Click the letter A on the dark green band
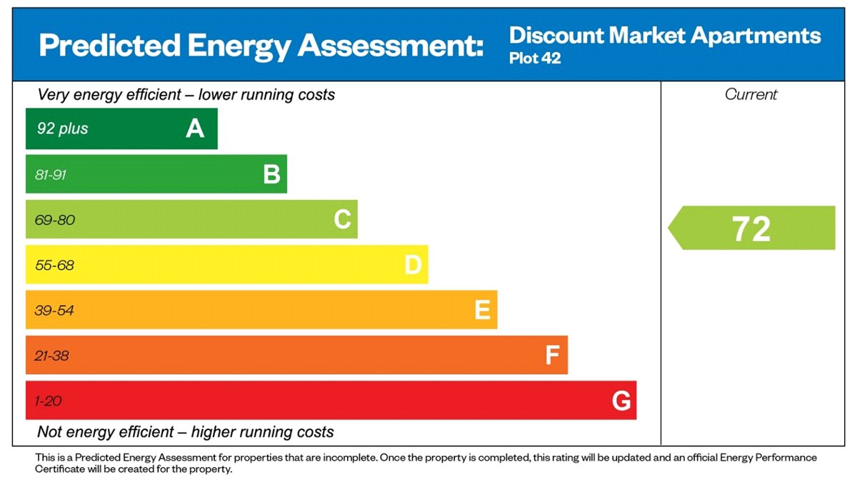coord(195,129)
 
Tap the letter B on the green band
coord(271,174)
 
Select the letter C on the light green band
coord(342,219)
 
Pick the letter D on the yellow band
coord(413,265)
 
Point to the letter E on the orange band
coord(482,310)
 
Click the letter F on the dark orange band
coord(552,355)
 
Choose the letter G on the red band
coord(621,401)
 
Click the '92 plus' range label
coord(63,129)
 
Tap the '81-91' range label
coord(51,175)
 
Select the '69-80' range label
coord(55,220)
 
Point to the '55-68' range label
coord(54,266)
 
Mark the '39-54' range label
coord(54,311)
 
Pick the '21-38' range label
coord(52,356)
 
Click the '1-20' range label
coord(48,401)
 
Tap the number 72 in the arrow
coord(751,229)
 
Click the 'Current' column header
coord(751,94)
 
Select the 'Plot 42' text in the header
coord(535,59)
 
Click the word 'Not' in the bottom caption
coord(51,432)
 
